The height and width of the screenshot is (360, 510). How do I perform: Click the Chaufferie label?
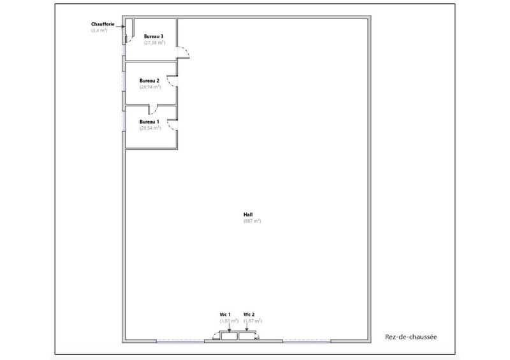103,24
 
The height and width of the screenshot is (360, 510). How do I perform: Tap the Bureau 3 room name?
154,36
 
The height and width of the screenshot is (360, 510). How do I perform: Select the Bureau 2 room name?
149,80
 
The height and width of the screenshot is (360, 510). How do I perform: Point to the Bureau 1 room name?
149,121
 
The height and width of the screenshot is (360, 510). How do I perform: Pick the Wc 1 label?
224,314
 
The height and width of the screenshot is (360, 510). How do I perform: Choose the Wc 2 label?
249,314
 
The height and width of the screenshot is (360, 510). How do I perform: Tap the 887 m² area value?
252,221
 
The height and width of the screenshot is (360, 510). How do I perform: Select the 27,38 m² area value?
154,43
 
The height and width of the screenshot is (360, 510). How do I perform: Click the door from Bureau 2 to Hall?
171,80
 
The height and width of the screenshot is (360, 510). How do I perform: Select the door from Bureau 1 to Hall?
172,126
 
